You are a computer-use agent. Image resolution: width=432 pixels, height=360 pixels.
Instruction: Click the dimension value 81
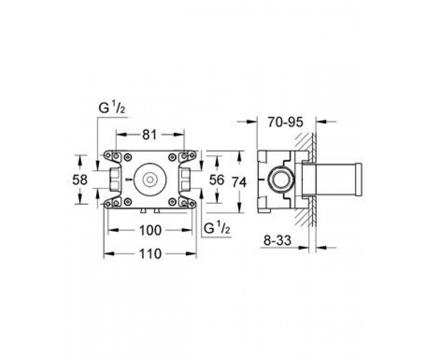149,135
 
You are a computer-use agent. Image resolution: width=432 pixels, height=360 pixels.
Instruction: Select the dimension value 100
150,230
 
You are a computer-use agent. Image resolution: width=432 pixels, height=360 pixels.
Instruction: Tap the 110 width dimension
150,254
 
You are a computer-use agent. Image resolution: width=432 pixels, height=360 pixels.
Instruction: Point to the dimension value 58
80,179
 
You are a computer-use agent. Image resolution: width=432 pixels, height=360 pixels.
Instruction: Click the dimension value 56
217,179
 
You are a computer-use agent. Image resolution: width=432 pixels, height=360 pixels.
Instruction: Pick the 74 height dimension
239,182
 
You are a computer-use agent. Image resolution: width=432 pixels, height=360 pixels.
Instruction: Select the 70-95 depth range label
285,122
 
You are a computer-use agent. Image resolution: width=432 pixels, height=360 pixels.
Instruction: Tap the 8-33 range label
277,240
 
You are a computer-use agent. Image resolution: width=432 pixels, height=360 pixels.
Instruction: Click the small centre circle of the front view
150,180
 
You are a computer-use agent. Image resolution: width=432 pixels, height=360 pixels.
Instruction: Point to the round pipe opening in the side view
280,179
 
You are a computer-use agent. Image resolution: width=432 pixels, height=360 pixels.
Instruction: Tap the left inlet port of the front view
115,179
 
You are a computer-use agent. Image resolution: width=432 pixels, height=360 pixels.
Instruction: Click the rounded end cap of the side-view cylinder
359,179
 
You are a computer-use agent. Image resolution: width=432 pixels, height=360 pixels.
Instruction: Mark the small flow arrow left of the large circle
129,179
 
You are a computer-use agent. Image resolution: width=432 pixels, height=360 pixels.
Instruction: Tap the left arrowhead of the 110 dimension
109,254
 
